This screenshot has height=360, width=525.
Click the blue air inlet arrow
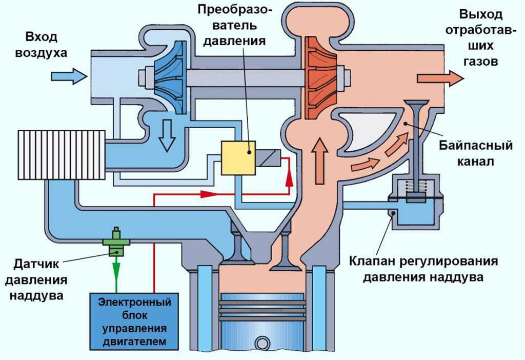(x=69, y=76)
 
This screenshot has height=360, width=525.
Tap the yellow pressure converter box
(x=238, y=158)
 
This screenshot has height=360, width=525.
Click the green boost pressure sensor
(x=116, y=242)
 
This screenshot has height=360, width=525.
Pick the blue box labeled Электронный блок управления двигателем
(x=134, y=322)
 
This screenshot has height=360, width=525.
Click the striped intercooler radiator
(x=62, y=155)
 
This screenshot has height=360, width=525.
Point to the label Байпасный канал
(x=475, y=153)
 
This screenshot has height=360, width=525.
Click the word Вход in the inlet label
(x=41, y=37)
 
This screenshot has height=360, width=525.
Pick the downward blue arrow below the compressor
(x=167, y=136)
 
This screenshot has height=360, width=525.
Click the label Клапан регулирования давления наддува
(x=423, y=269)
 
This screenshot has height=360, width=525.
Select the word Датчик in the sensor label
(x=36, y=264)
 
